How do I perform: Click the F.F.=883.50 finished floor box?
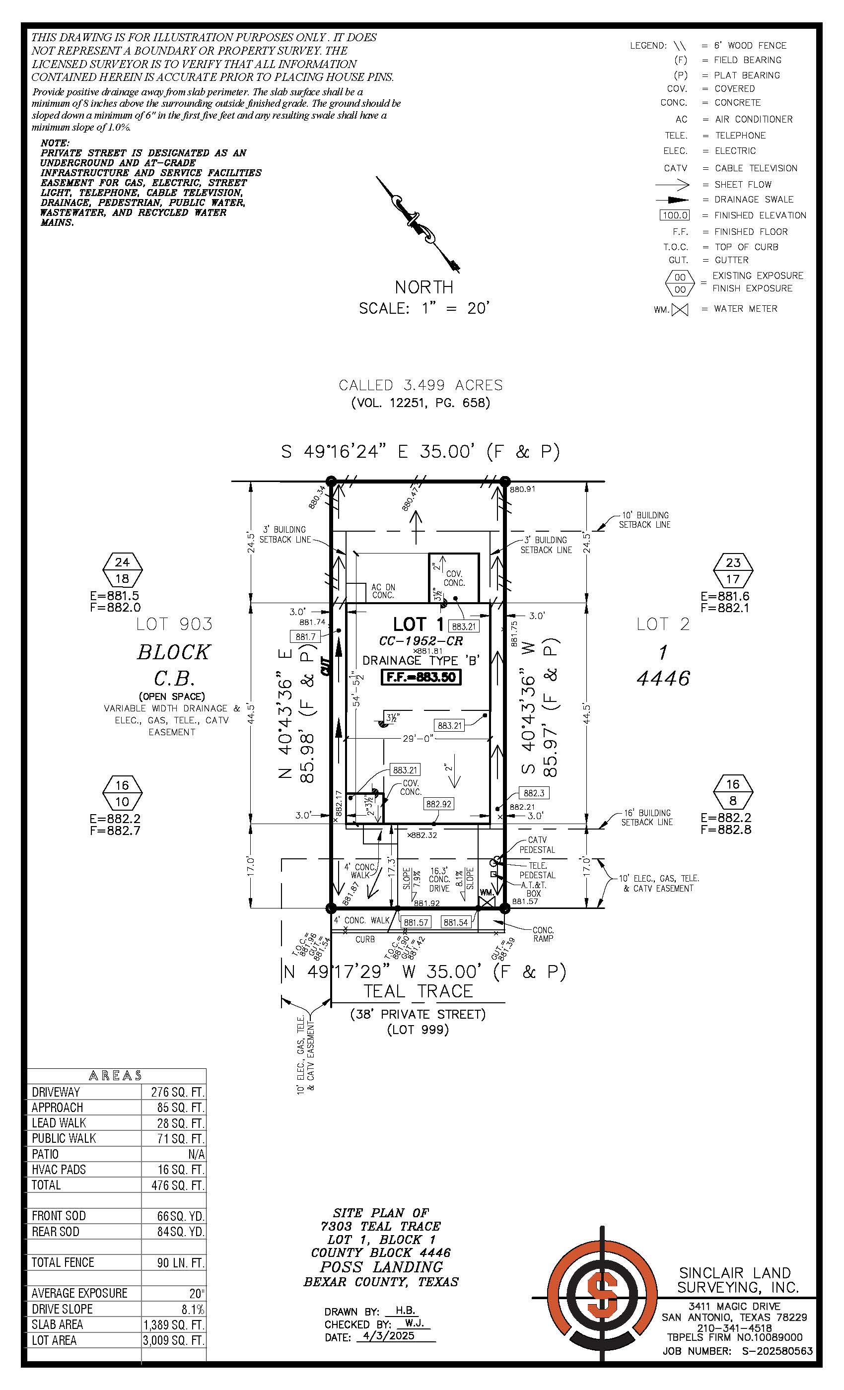pyautogui.click(x=421, y=677)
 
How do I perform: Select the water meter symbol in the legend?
pyautogui.click(x=680, y=310)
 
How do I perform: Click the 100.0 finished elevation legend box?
pyautogui.click(x=675, y=215)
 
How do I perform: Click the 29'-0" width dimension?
pyautogui.click(x=418, y=739)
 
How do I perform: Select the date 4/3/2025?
pyautogui.click(x=389, y=1336)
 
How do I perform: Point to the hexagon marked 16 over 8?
pyautogui.click(x=732, y=793)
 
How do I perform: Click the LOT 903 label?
pyautogui.click(x=174, y=624)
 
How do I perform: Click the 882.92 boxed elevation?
pyautogui.click(x=438, y=804)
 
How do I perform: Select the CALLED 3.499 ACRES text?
pyautogui.click(x=421, y=385)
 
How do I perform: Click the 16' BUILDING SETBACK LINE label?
pyautogui.click(x=646, y=818)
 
